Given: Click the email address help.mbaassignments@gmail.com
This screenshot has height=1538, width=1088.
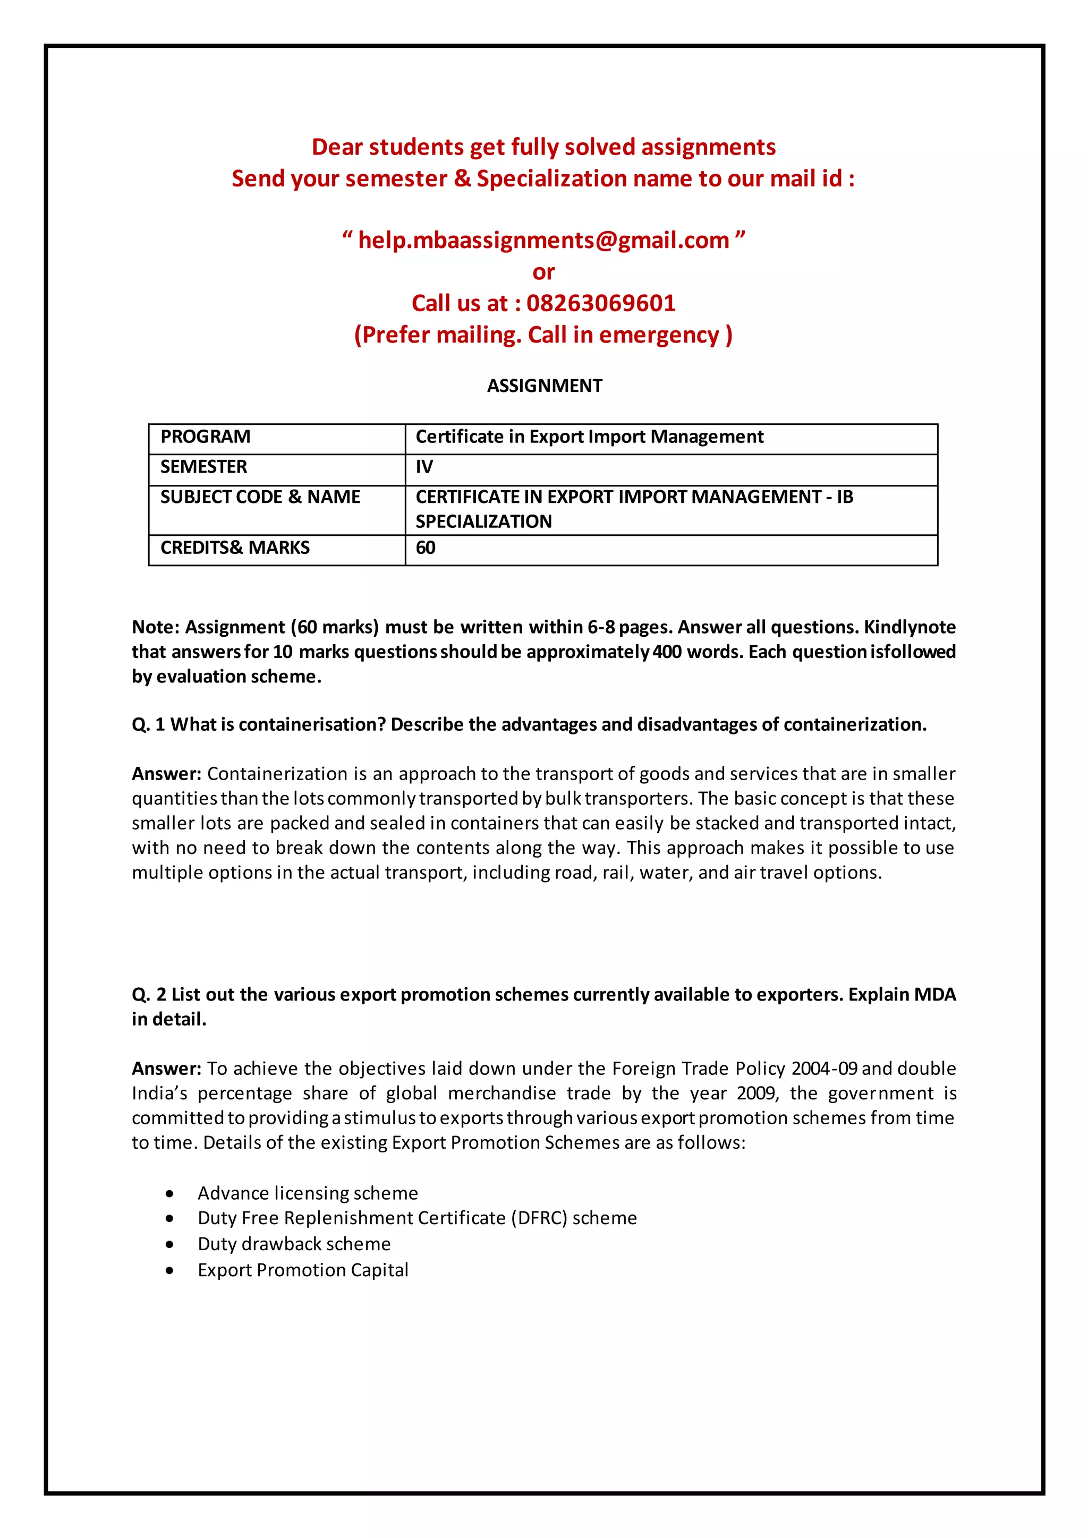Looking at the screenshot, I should (543, 240).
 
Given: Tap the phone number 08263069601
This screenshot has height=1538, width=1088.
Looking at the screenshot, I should (601, 303).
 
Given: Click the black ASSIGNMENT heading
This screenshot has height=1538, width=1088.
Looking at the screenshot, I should (544, 386).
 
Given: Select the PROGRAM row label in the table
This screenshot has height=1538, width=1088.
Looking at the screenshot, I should (205, 437).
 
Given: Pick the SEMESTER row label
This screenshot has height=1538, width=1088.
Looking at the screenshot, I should (203, 467).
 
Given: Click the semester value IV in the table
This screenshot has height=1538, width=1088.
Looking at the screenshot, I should (424, 467).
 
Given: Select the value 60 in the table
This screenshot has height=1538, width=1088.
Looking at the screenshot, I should (426, 548).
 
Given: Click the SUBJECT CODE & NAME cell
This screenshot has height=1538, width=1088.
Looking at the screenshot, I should (260, 497).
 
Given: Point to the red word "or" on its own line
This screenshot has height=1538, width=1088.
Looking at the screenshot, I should (543, 272).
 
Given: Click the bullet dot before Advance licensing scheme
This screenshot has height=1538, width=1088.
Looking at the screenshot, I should (170, 1194).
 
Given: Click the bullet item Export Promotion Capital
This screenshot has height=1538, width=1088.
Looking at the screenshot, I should (303, 1270).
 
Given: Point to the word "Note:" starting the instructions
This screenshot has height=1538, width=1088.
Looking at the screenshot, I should (156, 627).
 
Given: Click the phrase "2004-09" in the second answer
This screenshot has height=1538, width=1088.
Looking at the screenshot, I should (824, 1069).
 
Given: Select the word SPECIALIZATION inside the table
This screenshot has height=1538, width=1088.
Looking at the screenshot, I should (484, 522).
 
